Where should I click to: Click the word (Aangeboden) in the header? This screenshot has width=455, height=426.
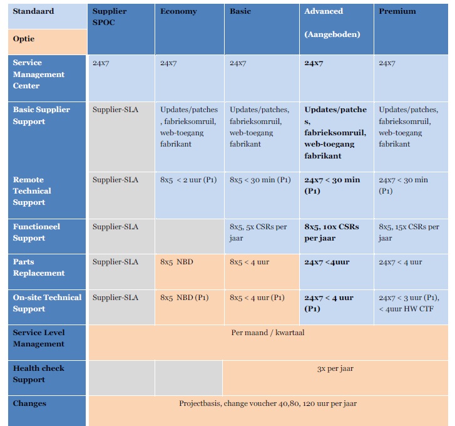click(x=332, y=34)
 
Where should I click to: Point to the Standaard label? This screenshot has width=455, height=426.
click(x=33, y=11)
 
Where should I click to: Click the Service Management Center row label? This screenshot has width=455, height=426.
click(x=39, y=74)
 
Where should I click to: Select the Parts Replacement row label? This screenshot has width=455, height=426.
click(x=39, y=268)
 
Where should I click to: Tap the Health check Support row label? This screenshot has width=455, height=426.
click(x=38, y=374)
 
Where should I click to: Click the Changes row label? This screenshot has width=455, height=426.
click(x=29, y=403)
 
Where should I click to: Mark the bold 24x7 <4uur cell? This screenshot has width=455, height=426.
click(x=327, y=262)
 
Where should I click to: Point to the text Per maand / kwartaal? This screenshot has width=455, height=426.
click(x=267, y=333)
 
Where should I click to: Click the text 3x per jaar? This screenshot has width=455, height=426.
click(x=335, y=368)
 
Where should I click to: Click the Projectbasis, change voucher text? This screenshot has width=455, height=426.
click(x=267, y=403)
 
